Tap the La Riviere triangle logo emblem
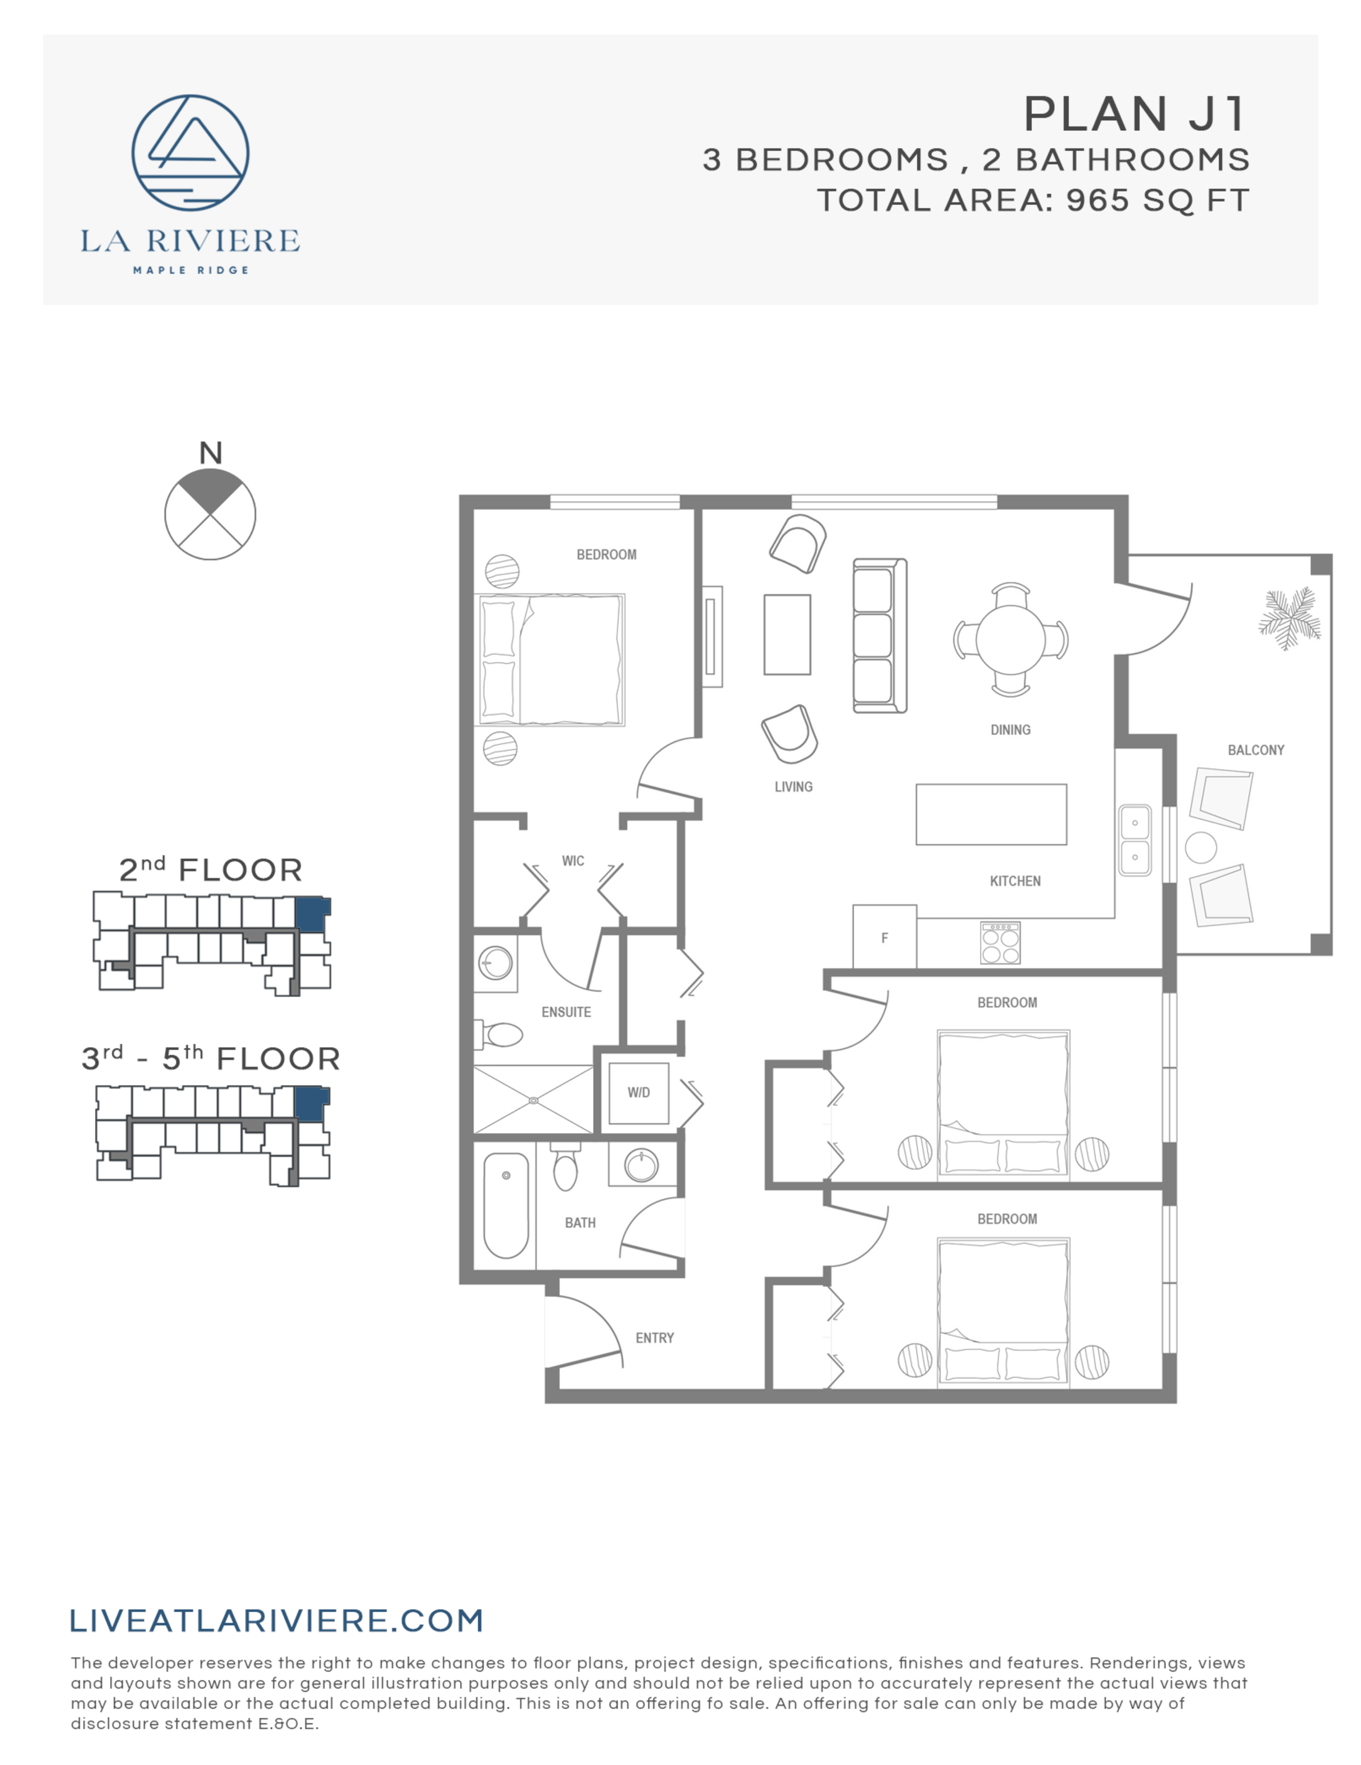[x=190, y=153]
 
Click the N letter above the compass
[x=210, y=453]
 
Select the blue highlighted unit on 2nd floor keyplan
[x=311, y=915]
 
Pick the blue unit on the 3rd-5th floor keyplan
[x=310, y=1103]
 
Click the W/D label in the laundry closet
[x=638, y=1093]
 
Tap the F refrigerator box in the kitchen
[x=884, y=938]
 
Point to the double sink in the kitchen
[x=1135, y=840]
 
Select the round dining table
[x=1010, y=639]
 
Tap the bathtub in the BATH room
[x=506, y=1205]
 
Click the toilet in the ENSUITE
[x=501, y=1034]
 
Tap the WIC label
[x=573, y=861]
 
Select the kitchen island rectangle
[x=991, y=815]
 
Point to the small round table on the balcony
[x=1200, y=848]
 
